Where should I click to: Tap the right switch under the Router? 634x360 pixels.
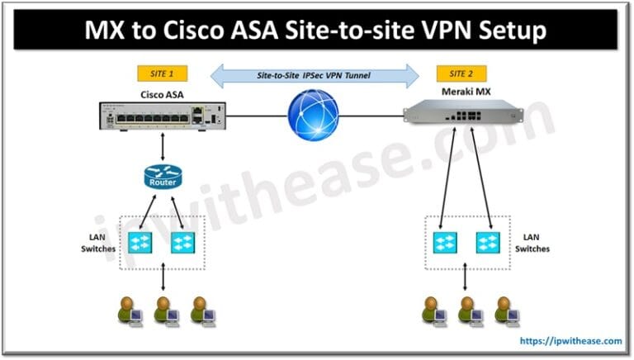tap(183, 241)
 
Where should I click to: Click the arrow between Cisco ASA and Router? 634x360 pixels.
tap(163, 147)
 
